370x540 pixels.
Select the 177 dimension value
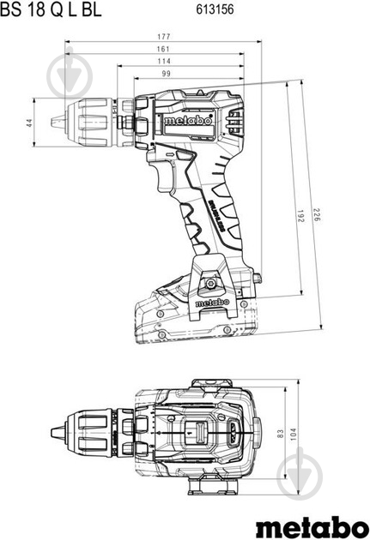164,37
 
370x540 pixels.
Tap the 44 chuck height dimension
29,123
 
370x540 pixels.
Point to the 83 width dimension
281,435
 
